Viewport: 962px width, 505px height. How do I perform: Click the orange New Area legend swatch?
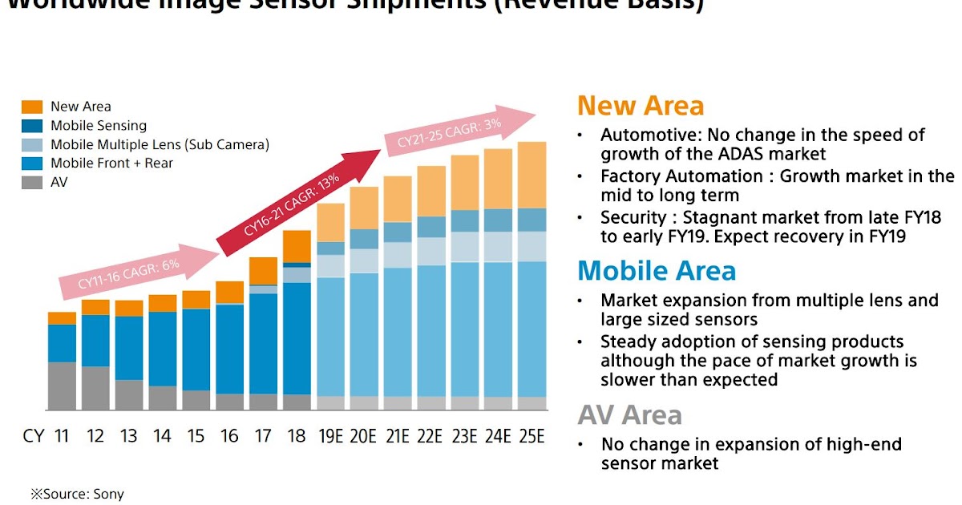(x=32, y=107)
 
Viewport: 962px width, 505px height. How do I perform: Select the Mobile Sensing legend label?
(x=99, y=126)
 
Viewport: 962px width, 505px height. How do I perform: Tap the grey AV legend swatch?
(x=32, y=183)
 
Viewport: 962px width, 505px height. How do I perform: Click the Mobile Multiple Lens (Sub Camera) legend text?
(x=160, y=145)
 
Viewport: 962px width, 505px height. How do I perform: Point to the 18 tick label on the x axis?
(x=297, y=436)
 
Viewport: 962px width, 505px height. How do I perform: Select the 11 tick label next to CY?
(x=62, y=436)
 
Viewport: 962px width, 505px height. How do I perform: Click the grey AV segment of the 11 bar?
(x=62, y=386)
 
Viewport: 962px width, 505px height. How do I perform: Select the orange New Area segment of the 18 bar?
(x=297, y=246)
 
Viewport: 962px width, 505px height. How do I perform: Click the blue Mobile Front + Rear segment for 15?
(x=196, y=349)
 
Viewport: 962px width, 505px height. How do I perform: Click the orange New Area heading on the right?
(x=640, y=106)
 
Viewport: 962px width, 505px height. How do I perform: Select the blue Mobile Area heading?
(x=656, y=271)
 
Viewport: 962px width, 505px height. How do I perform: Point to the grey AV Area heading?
(x=629, y=415)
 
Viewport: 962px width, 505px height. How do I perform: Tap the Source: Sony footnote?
(x=78, y=494)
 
